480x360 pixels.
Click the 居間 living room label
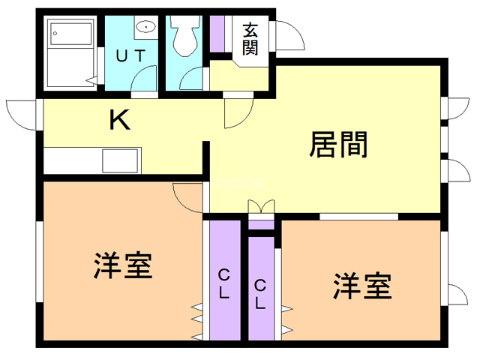click(339, 144)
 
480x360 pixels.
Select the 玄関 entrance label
click(250, 39)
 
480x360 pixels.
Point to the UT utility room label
click(131, 55)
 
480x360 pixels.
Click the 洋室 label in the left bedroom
click(123, 265)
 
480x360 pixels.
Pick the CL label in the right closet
click(260, 294)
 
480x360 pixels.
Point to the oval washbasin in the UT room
click(146, 27)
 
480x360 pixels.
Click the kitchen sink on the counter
click(120, 160)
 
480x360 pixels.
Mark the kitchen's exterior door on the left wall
click(21, 112)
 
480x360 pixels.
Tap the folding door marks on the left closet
click(196, 319)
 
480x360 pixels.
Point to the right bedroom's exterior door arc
click(454, 292)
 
